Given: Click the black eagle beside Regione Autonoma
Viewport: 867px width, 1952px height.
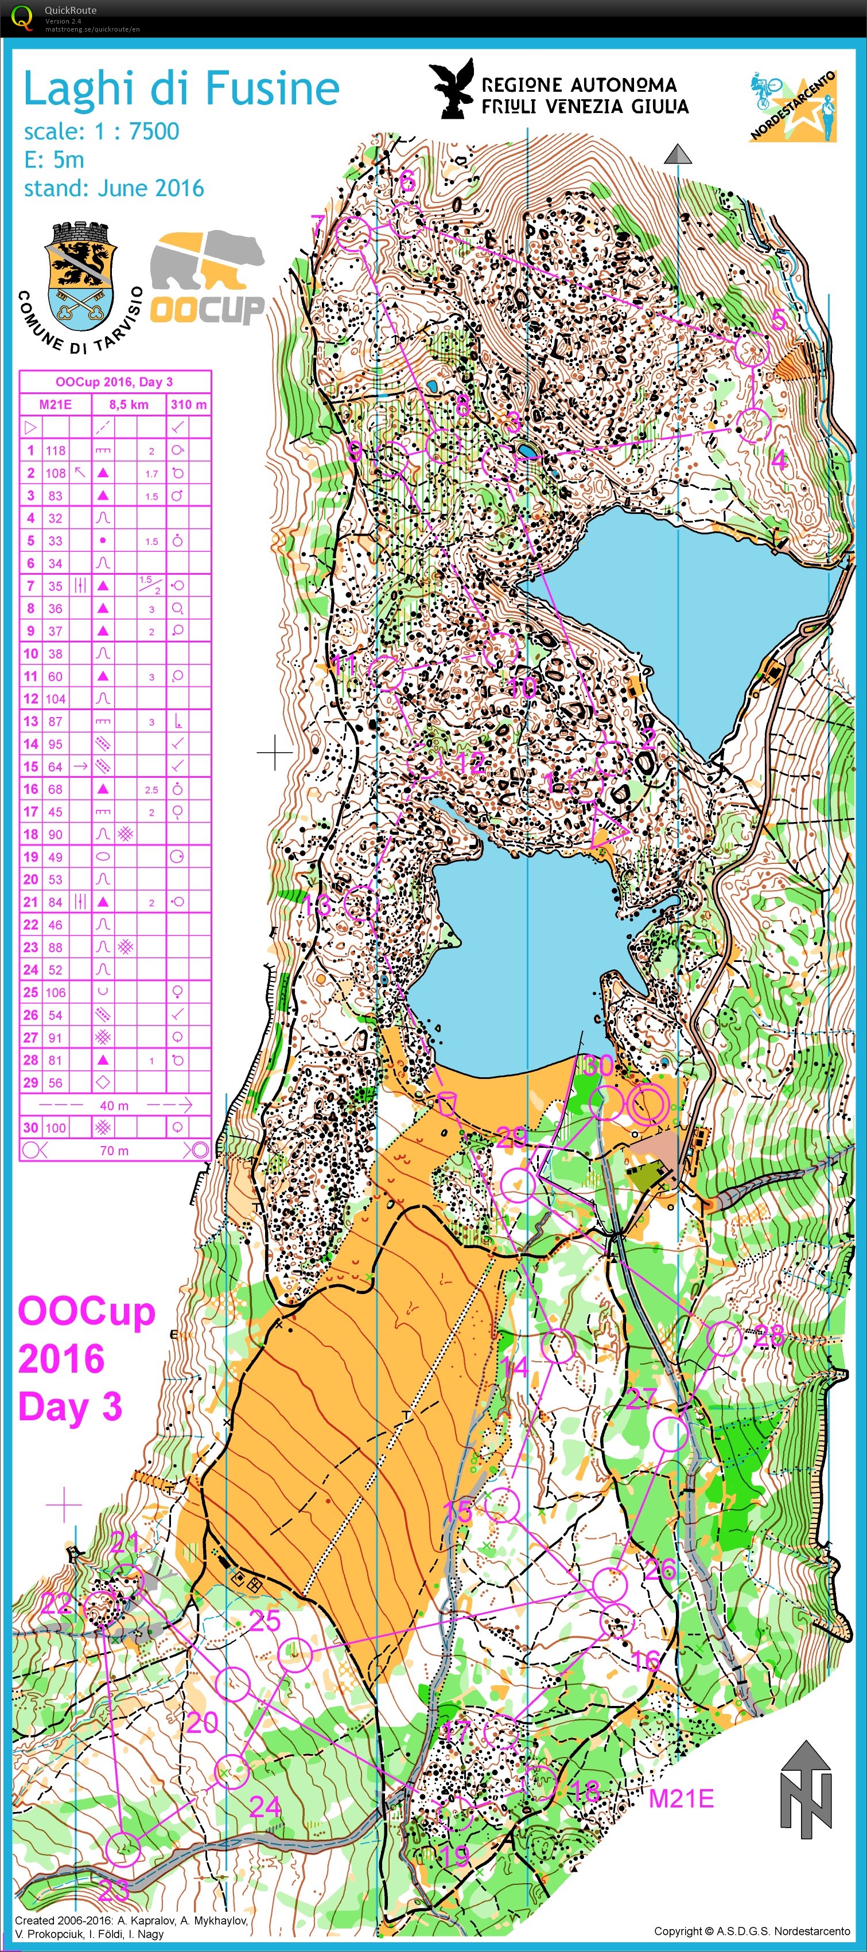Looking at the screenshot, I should pyautogui.click(x=453, y=89).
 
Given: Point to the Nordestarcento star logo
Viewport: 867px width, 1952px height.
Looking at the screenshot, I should pyautogui.click(x=794, y=106).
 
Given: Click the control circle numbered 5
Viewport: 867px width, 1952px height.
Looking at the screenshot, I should pyautogui.click(x=752, y=349).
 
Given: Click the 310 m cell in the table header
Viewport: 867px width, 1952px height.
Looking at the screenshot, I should pyautogui.click(x=188, y=404).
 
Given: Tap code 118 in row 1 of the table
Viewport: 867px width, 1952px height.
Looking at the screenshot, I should pyautogui.click(x=55, y=450).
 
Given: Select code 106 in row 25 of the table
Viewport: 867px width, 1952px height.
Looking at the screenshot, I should pyautogui.click(x=55, y=992).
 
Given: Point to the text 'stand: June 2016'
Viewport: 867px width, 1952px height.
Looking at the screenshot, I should pyautogui.click(x=114, y=188).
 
